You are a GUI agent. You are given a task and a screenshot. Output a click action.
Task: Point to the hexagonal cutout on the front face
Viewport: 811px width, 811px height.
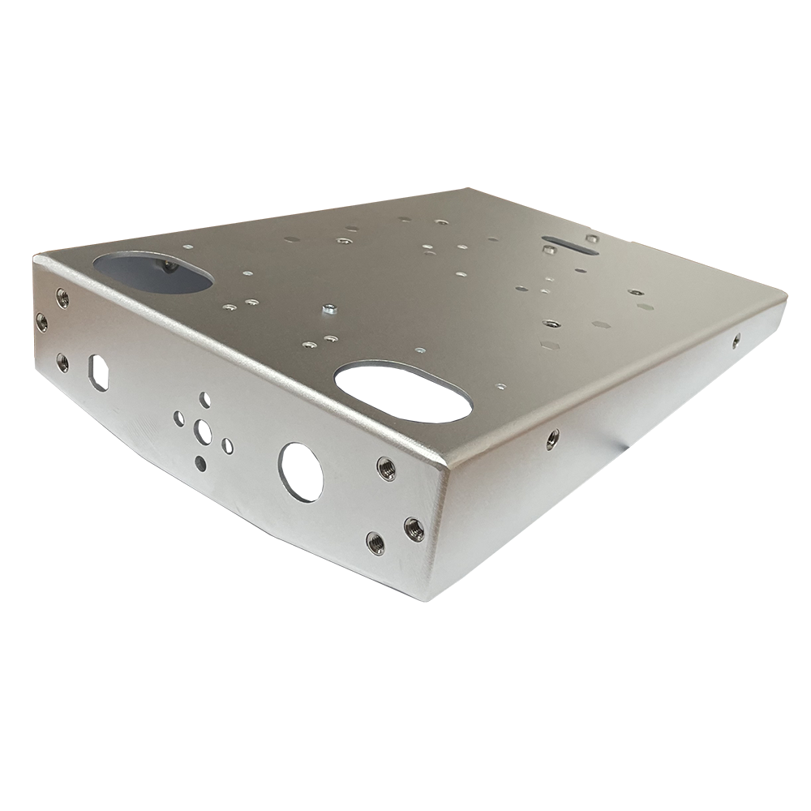click(x=99, y=371)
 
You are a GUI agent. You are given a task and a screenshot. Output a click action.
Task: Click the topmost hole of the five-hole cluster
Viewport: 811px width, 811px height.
click(x=205, y=399)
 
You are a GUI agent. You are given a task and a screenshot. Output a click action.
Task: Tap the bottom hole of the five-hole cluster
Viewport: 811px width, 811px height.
click(x=200, y=463)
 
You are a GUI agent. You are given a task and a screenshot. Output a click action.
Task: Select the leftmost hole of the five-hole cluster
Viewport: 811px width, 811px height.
click(x=178, y=418)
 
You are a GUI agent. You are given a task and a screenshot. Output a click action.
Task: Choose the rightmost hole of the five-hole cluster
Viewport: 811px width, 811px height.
click(x=228, y=446)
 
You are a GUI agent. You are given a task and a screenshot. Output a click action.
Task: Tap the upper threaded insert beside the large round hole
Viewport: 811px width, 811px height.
click(x=386, y=468)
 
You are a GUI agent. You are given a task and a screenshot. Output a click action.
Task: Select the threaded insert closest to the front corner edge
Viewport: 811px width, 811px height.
click(x=414, y=529)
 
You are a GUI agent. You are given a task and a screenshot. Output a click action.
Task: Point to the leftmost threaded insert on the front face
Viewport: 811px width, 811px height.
click(x=41, y=323)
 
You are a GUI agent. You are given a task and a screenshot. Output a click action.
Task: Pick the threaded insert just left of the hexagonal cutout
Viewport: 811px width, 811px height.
click(x=62, y=362)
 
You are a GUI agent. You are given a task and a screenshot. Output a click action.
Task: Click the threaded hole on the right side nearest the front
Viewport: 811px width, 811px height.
click(x=552, y=439)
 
